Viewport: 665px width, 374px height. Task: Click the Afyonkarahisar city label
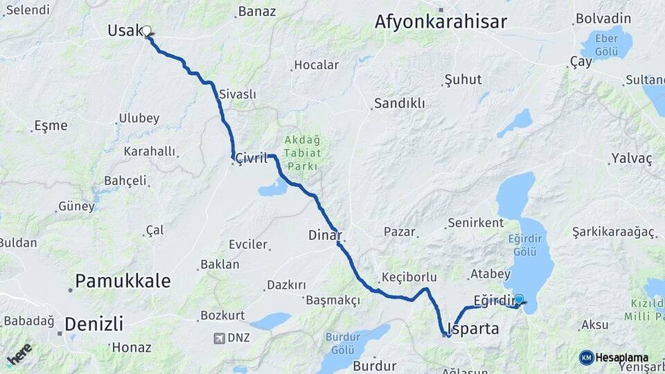coord(441,21)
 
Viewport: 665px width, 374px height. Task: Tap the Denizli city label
coord(94,323)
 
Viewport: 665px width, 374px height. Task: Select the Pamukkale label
coord(123,280)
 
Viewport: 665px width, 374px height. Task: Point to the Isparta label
coord(474,328)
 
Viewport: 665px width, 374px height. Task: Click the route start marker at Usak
coord(147,30)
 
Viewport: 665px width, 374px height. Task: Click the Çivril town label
coord(251,158)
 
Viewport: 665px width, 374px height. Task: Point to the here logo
coord(19,354)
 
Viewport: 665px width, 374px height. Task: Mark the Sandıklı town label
coord(400,103)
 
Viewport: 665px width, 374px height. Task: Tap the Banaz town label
coord(256,11)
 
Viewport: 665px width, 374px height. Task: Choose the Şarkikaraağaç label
coord(613,233)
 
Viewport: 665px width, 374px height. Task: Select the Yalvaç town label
coord(631,158)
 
